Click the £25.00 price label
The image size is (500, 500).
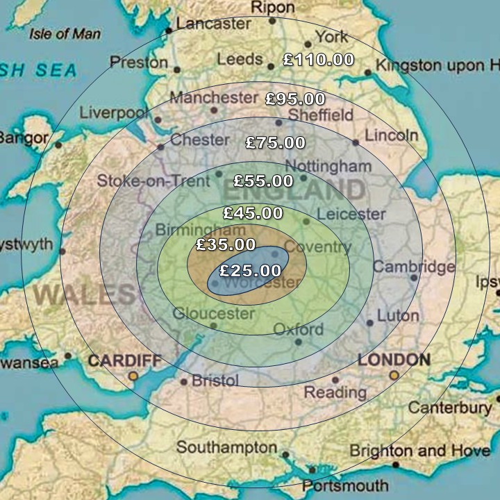(x=251, y=271)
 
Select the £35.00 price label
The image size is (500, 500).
(x=226, y=244)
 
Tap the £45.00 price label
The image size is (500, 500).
(x=253, y=213)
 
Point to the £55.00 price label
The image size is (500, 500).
(x=263, y=181)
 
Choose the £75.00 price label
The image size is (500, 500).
(x=276, y=143)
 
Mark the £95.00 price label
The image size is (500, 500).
(x=295, y=99)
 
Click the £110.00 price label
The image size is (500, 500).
(x=319, y=60)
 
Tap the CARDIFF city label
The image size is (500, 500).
(x=125, y=361)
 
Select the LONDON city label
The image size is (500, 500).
(x=394, y=360)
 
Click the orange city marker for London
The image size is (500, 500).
(x=394, y=376)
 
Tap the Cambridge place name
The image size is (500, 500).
(x=414, y=267)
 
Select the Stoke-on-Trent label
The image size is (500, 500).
(x=153, y=181)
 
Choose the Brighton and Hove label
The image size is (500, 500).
(x=419, y=450)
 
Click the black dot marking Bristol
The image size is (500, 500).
(x=184, y=381)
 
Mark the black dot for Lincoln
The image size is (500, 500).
(x=356, y=142)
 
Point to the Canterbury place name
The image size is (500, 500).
(x=449, y=407)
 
